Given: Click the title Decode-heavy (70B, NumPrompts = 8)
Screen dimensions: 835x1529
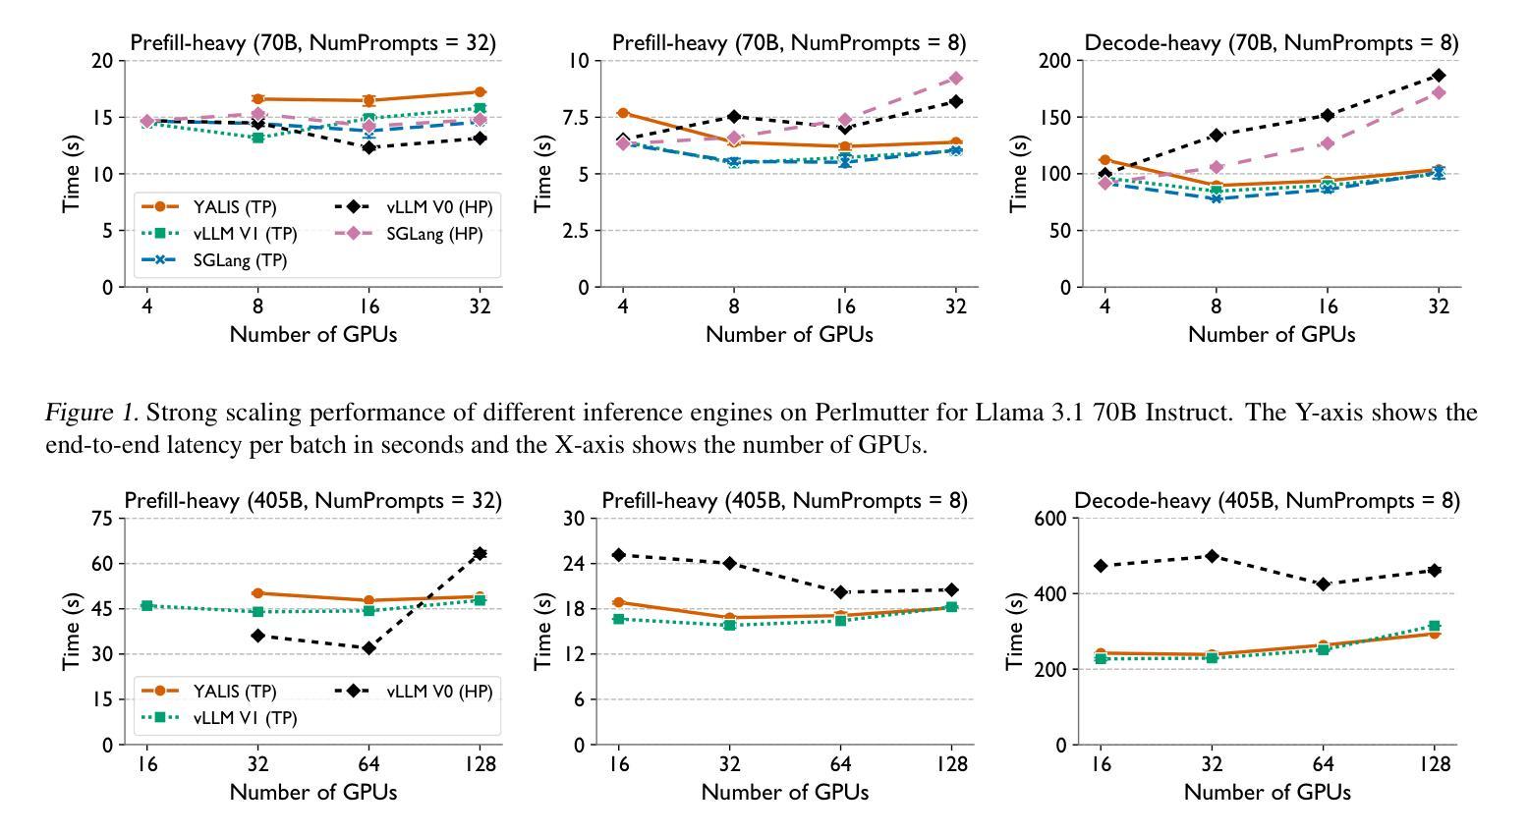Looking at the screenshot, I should tap(1271, 43).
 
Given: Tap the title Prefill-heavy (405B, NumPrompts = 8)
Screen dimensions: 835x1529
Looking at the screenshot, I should tap(784, 501).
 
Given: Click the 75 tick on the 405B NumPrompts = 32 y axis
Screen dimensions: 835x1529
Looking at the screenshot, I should tap(100, 519).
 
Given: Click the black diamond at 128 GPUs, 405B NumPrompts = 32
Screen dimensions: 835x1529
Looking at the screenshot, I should tap(480, 554).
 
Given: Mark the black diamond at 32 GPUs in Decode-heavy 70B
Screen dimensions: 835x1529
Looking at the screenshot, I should tap(1438, 76).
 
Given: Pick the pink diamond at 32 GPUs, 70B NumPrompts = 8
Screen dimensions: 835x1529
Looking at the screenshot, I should tap(955, 79).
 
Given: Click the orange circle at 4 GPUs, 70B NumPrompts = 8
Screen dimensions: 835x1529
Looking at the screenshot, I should tap(622, 114).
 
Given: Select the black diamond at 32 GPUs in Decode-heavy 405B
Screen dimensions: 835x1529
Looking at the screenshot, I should tap(1212, 556).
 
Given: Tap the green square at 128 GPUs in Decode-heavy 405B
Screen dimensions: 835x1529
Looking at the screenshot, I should tap(1434, 626).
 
